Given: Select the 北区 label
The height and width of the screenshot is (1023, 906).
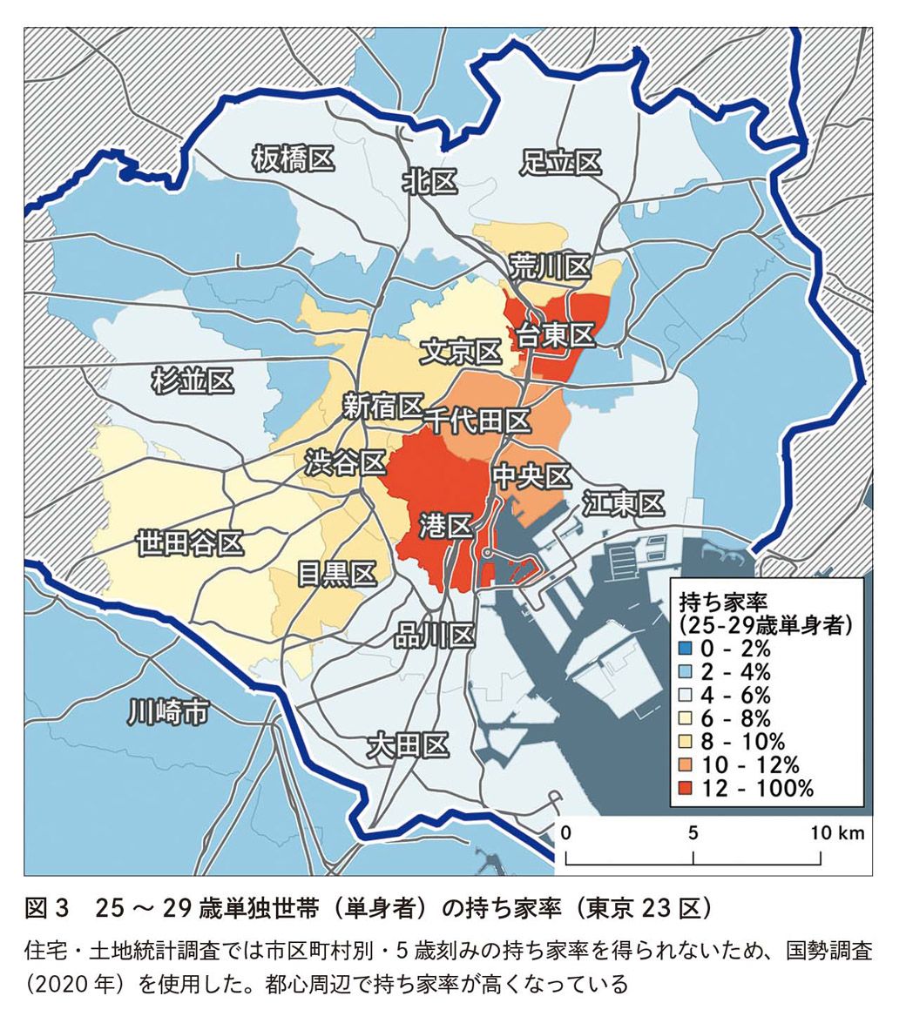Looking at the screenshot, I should point(429,181).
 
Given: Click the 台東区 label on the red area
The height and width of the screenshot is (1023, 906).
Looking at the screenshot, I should point(555,333).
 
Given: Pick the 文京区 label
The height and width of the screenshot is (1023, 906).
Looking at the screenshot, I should point(461,353).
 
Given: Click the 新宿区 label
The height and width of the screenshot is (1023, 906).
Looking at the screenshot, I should point(382,406).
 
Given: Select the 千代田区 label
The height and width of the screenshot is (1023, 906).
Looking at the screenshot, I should point(477,421).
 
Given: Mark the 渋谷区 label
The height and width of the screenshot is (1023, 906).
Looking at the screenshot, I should point(345,462).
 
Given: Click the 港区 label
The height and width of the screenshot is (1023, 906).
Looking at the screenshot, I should point(445,525).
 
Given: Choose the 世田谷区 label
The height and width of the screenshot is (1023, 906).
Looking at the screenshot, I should point(189,543).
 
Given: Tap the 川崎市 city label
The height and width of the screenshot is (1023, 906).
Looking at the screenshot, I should point(168,711).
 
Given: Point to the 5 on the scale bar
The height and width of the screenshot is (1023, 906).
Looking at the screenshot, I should point(693,832).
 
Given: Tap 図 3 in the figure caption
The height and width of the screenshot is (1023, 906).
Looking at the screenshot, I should point(45,910).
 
